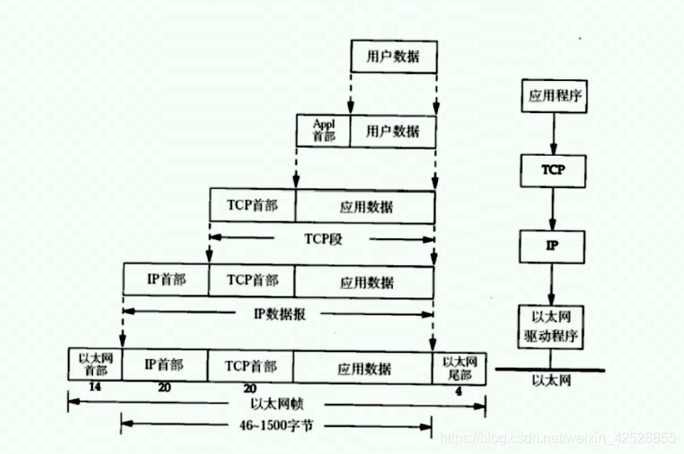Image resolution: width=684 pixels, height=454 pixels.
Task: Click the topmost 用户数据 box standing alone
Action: (392, 57)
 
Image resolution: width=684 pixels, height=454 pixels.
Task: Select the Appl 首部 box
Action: (323, 130)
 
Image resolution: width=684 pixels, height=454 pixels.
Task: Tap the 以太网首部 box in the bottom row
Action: (94, 364)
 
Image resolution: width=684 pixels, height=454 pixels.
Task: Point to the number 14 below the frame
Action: (95, 388)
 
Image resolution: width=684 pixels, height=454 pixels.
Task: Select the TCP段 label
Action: (323, 237)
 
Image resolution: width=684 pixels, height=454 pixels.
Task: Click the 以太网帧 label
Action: (276, 404)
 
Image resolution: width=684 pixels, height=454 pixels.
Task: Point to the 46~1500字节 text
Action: (276, 425)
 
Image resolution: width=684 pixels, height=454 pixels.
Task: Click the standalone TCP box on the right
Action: (553, 170)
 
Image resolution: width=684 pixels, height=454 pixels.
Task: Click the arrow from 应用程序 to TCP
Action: (553, 132)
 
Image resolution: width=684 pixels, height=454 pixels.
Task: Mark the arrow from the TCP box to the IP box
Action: (553, 208)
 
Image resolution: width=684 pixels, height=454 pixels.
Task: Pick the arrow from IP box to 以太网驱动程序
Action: (553, 283)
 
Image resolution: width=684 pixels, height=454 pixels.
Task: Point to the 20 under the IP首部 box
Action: (163, 389)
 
